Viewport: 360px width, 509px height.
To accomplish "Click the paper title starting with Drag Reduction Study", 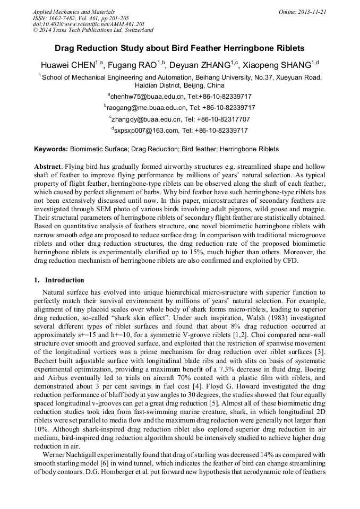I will coord(179,48).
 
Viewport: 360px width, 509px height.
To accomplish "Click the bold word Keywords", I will coord(50,150).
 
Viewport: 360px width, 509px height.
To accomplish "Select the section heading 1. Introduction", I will coord(59,280).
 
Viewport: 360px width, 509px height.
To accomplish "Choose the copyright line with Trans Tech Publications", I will coord(93,30).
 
